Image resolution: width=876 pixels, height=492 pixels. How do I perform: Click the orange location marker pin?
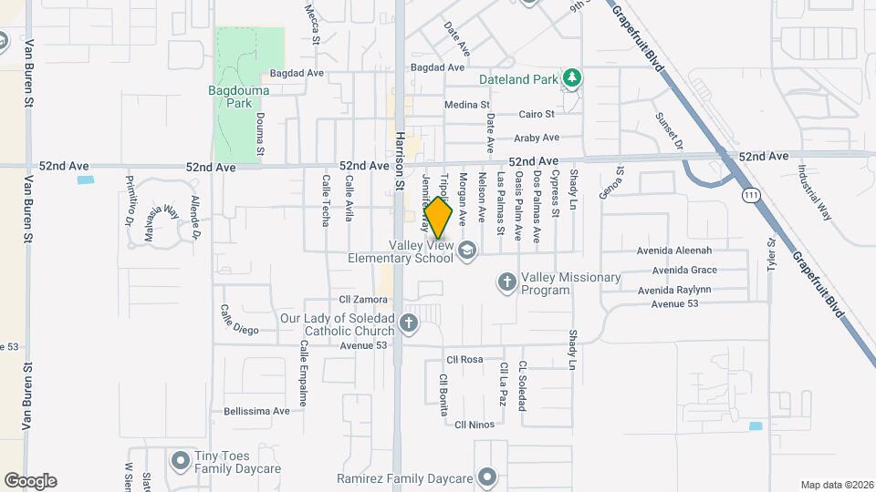tap(439, 220)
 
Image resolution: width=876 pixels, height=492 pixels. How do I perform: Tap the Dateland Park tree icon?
tap(571, 78)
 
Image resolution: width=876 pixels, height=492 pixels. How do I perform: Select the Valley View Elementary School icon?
tap(467, 251)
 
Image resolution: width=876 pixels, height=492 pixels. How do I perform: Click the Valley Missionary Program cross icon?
tap(507, 282)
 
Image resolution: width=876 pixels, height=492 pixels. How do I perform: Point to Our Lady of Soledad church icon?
tap(409, 322)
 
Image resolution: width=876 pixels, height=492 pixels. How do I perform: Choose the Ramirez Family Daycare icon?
tap(487, 477)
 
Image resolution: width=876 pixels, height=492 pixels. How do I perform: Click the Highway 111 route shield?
tap(750, 195)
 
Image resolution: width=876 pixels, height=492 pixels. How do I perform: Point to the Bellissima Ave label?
tap(256, 411)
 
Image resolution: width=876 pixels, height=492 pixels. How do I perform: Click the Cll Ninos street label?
tap(474, 425)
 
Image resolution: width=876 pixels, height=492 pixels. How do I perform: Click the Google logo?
tap(30, 481)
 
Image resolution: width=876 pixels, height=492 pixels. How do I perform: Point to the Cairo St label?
tap(537, 115)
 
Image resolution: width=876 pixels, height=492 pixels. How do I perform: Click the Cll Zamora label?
tap(358, 300)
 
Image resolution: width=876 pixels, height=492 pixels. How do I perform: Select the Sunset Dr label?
tap(668, 130)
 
